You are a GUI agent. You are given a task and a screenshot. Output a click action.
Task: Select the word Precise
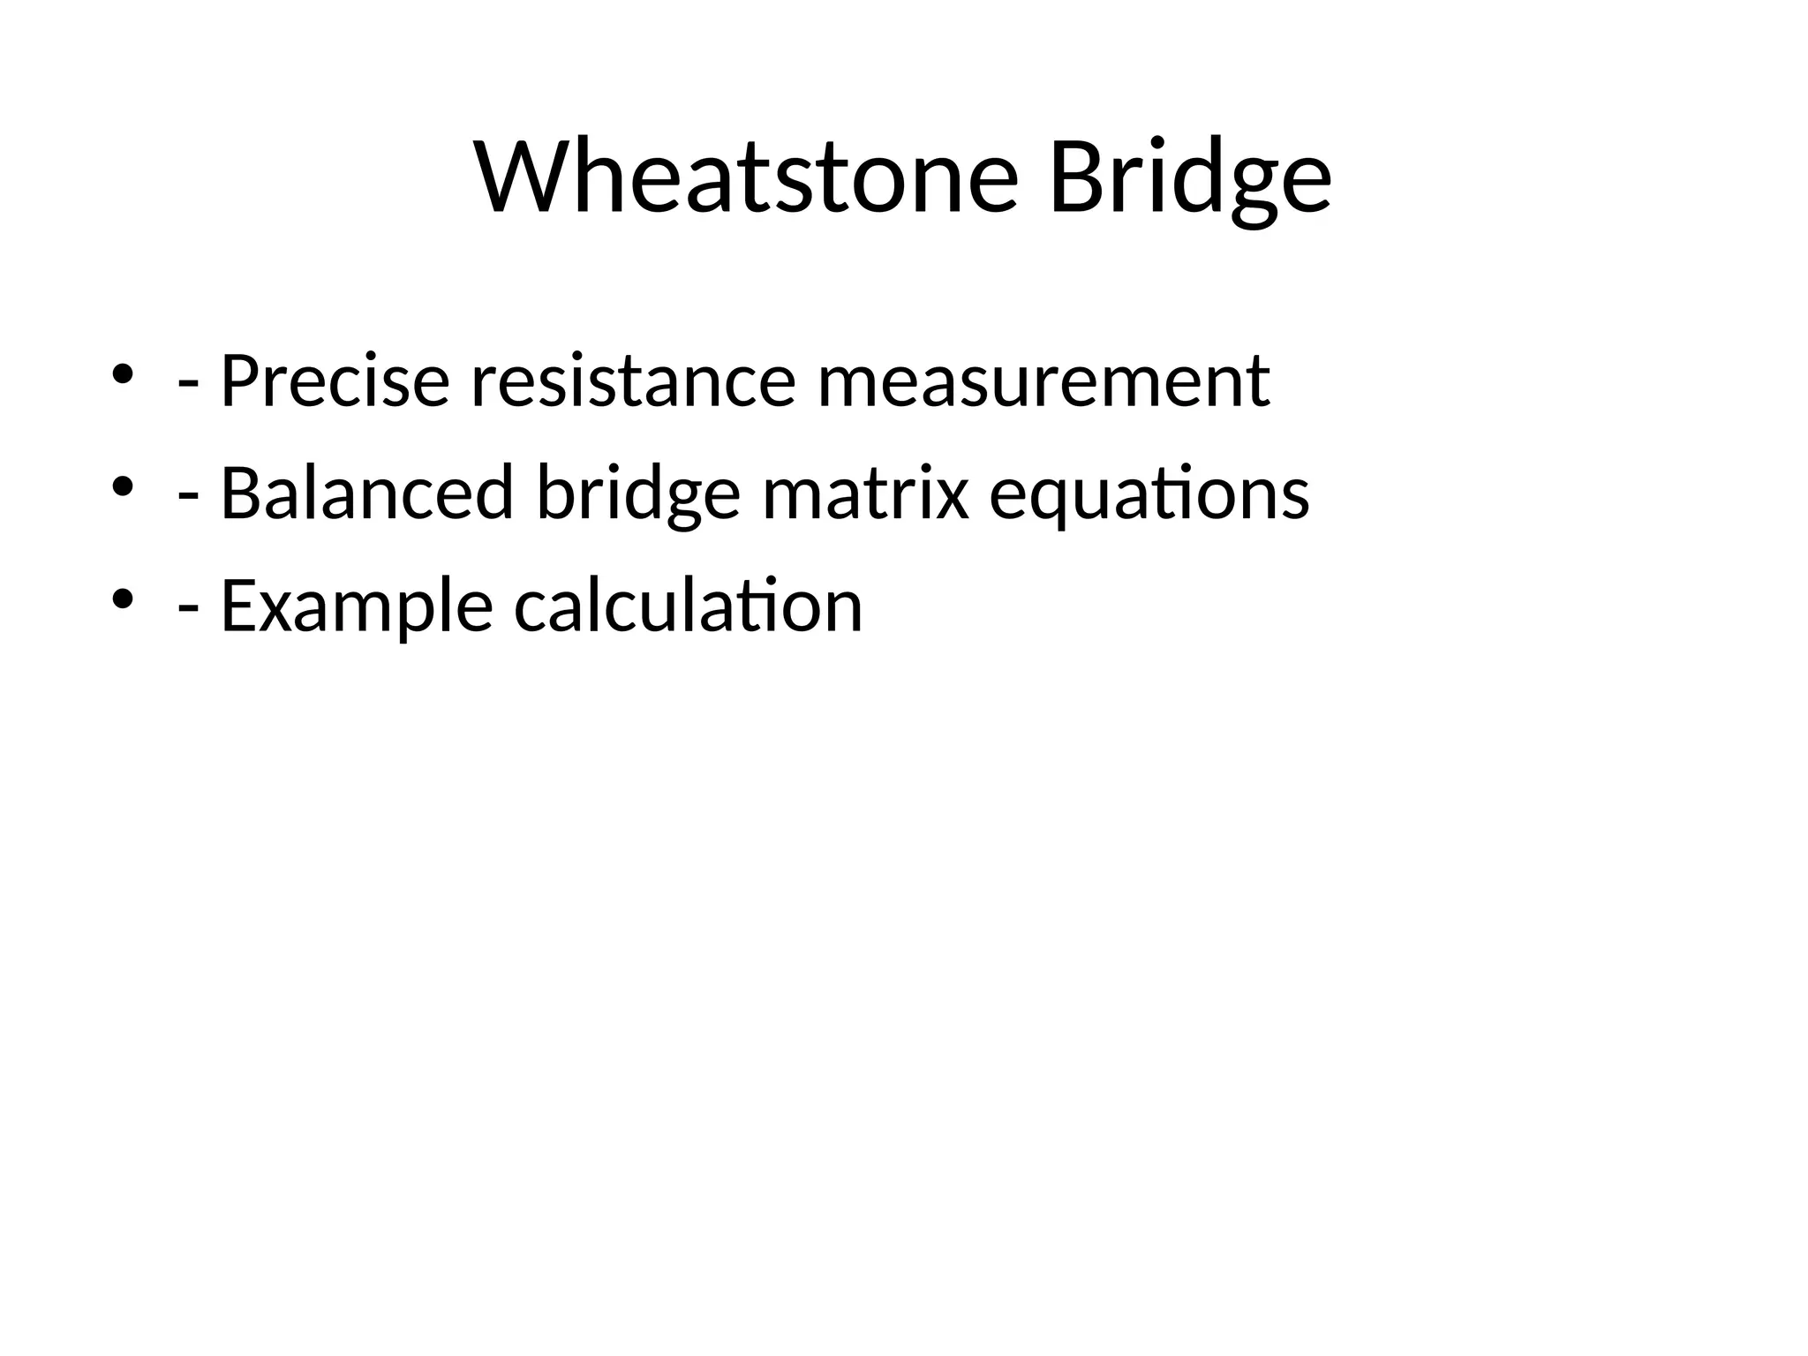click(335, 380)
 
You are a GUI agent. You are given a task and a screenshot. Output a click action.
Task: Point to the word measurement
click(1043, 380)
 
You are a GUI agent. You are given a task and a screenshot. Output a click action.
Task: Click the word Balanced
click(366, 493)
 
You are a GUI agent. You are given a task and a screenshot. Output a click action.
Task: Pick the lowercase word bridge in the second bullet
click(637, 493)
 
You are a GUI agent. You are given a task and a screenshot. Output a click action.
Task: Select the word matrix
click(865, 493)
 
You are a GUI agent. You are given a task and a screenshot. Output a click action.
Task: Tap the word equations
click(1149, 493)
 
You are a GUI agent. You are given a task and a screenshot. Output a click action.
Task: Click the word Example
click(356, 606)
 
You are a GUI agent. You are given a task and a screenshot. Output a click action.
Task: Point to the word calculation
click(688, 606)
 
